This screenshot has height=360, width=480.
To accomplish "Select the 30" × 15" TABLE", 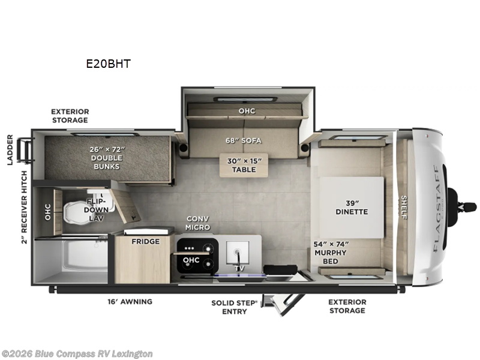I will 244,164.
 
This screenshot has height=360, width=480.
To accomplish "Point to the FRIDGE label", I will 145,241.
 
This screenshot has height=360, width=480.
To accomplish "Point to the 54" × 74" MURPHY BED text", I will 330,253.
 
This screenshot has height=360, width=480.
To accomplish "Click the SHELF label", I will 403,207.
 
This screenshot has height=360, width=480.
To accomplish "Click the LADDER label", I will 9,148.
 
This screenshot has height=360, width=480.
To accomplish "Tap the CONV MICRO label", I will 197,223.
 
